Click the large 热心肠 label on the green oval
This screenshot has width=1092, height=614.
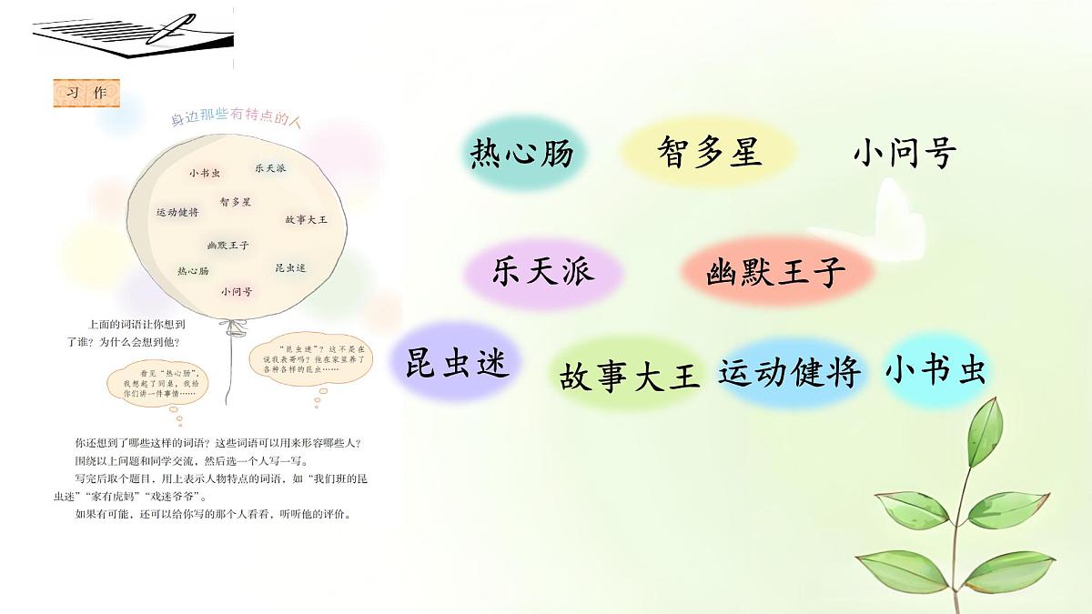click(521, 154)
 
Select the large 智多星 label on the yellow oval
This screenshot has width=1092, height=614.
click(709, 152)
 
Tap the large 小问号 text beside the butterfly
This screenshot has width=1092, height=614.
click(904, 154)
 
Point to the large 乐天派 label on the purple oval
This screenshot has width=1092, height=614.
click(543, 271)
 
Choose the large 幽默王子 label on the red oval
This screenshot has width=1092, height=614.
click(775, 272)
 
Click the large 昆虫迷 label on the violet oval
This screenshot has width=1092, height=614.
click(458, 363)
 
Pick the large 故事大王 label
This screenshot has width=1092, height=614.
click(630, 375)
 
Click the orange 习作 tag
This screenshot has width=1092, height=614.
click(86, 94)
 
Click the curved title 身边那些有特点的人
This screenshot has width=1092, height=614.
click(236, 119)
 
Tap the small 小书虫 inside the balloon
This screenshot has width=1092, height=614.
click(205, 173)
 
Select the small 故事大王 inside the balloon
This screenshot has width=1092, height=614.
click(306, 220)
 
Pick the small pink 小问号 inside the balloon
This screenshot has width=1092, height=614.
click(237, 292)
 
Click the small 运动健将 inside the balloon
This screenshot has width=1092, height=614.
click(177, 212)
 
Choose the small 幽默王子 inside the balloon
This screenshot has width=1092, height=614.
click(228, 246)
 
